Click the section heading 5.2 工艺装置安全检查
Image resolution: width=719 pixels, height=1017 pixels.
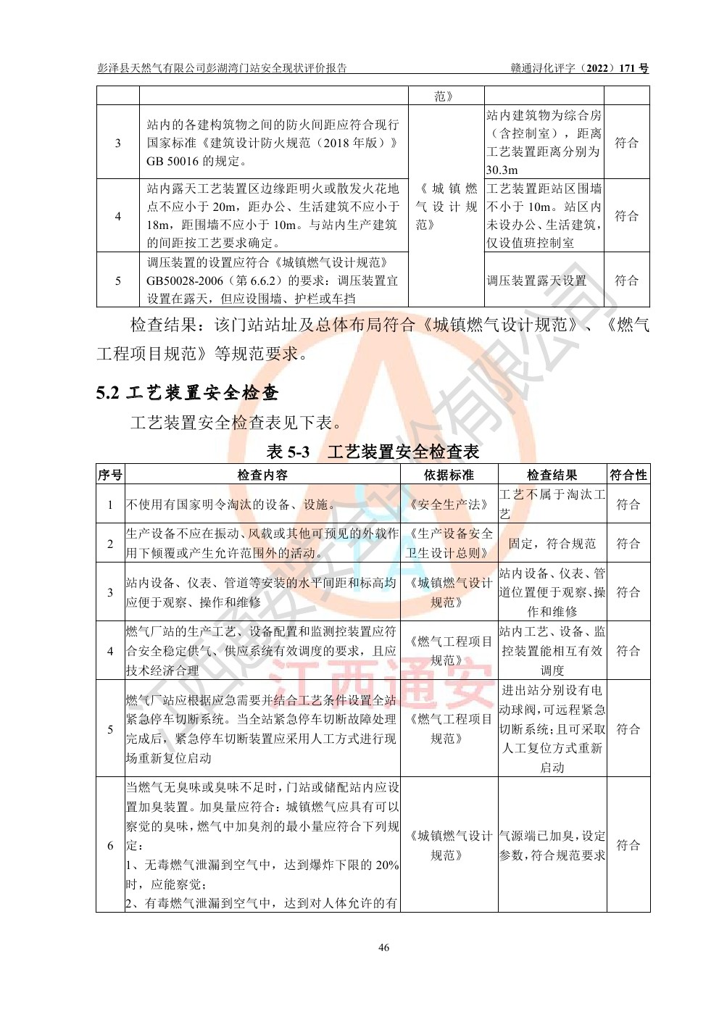click(x=188, y=393)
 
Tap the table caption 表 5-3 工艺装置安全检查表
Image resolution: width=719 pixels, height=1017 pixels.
click(x=373, y=452)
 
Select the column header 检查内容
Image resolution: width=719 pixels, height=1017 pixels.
click(x=262, y=475)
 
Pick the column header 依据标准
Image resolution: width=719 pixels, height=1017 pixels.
click(x=449, y=475)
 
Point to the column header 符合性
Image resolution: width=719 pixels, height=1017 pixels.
click(x=628, y=475)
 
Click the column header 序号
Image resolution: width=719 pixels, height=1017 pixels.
click(x=110, y=475)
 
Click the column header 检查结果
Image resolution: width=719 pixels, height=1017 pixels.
click(x=552, y=475)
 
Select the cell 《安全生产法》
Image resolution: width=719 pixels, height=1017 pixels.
click(x=449, y=505)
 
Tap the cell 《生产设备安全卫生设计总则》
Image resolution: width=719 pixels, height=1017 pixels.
click(x=449, y=543)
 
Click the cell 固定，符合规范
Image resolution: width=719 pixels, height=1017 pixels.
click(x=552, y=543)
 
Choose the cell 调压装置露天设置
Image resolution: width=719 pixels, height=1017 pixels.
click(x=536, y=281)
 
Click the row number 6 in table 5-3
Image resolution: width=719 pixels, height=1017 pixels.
click(x=110, y=845)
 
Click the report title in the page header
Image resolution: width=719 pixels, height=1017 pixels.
click(x=223, y=69)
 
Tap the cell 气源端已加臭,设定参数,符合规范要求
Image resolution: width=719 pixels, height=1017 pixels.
click(x=552, y=845)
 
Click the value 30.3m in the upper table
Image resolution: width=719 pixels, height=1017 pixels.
click(x=502, y=170)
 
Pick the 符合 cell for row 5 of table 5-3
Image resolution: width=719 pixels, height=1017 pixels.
click(x=628, y=729)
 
